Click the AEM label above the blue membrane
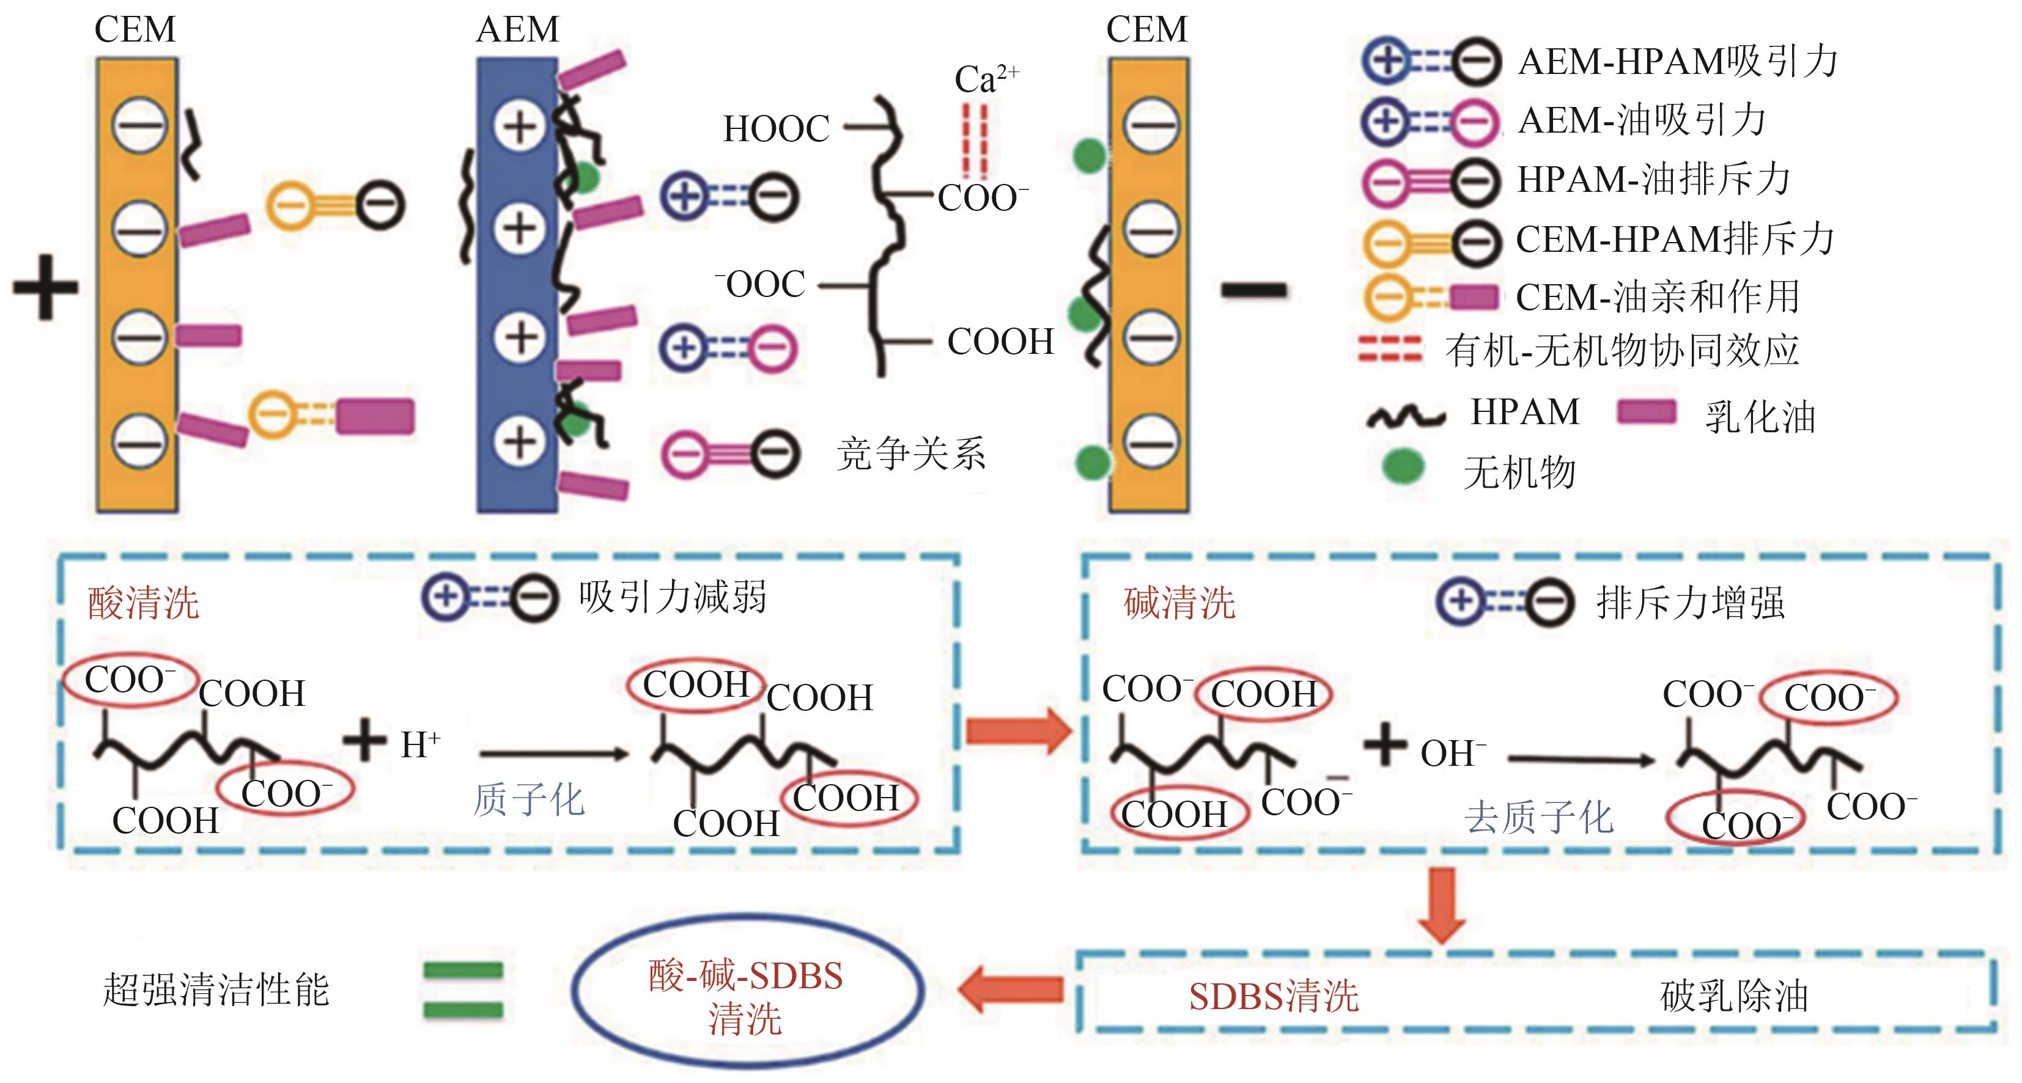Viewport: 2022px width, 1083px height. [x=517, y=30]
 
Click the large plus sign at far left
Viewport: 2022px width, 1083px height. [x=45, y=287]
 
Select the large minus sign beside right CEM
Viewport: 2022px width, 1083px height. [x=1253, y=290]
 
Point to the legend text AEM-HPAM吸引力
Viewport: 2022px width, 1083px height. [x=1677, y=61]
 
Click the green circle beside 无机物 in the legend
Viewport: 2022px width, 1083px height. [x=1403, y=467]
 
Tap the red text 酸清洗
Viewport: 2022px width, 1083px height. [x=143, y=603]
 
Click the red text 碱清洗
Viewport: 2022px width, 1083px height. [x=1179, y=603]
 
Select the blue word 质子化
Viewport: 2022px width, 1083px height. [x=528, y=801]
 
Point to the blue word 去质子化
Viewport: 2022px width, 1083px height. [x=1538, y=818]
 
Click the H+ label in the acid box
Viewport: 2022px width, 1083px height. [x=421, y=744]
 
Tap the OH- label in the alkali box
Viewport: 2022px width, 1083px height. [x=1452, y=754]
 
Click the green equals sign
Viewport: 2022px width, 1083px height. [x=463, y=990]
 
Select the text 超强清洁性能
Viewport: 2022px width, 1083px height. [x=216, y=990]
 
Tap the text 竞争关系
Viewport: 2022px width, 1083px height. [x=910, y=453]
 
